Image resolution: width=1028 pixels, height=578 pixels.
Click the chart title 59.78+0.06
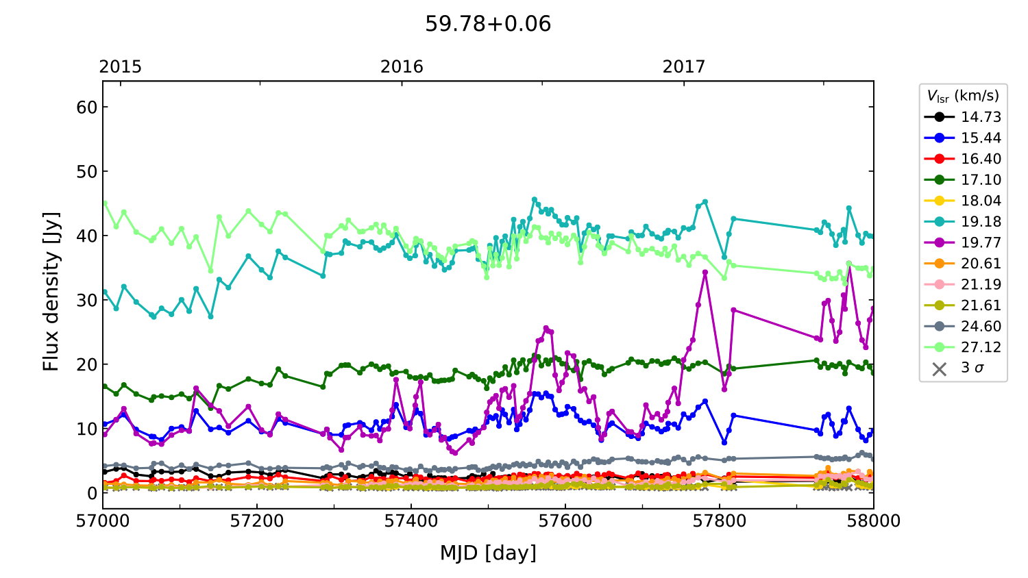(x=488, y=24)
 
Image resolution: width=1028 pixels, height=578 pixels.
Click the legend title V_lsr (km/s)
(x=963, y=96)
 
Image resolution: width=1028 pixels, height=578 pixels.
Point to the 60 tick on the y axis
(x=87, y=108)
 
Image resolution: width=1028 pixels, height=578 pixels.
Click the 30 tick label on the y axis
(x=87, y=300)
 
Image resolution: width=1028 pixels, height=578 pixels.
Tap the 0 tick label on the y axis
(x=92, y=493)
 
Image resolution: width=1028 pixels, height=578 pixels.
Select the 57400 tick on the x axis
(x=411, y=521)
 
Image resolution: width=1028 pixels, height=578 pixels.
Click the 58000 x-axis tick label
(x=873, y=521)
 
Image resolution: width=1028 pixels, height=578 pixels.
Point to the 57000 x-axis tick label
(x=103, y=521)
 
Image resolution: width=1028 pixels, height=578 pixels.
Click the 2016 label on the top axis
(x=402, y=66)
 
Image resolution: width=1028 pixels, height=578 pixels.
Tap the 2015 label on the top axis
(x=120, y=66)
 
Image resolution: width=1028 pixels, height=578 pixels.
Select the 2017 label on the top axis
(x=683, y=66)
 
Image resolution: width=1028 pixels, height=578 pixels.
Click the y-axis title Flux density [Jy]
(x=51, y=292)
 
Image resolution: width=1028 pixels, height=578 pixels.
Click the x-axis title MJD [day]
(x=488, y=553)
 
